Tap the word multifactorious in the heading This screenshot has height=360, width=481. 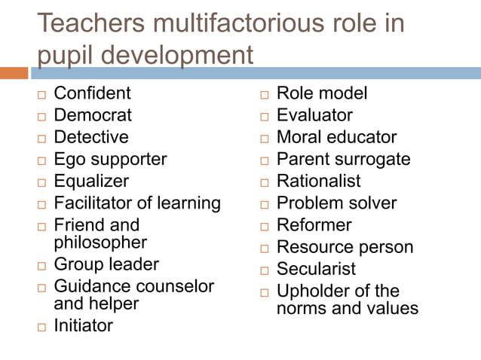[x=242, y=23]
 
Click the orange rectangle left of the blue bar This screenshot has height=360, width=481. [x=14, y=73]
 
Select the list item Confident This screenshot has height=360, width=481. [x=92, y=93]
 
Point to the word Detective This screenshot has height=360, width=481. [x=91, y=137]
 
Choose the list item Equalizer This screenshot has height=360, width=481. [x=91, y=182]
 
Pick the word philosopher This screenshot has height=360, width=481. [x=100, y=243]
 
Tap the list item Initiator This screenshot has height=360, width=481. [x=83, y=326]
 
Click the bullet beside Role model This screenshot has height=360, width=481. [x=264, y=95]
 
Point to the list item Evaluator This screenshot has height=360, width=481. [x=314, y=115]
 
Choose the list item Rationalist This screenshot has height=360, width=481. [x=318, y=182]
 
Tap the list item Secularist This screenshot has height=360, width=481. [x=316, y=269]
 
